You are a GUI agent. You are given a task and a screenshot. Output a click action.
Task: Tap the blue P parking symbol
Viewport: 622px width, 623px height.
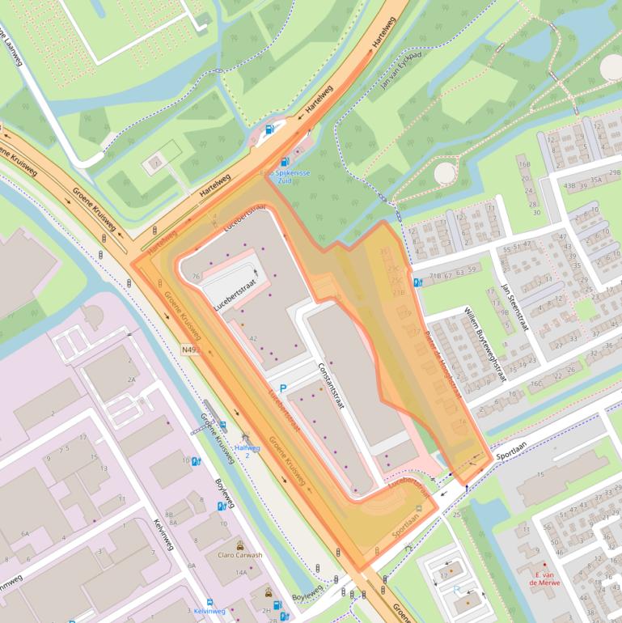[283, 389]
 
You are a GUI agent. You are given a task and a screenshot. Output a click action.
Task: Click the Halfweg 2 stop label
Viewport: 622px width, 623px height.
[247, 451]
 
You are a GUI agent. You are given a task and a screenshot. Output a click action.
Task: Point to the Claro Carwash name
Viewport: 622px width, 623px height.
[240, 555]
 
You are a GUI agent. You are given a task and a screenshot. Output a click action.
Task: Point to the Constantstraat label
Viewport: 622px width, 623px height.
[331, 384]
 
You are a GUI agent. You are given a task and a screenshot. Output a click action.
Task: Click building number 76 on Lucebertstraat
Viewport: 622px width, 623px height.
[196, 277]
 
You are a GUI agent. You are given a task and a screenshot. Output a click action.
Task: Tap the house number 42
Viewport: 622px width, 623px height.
[253, 337]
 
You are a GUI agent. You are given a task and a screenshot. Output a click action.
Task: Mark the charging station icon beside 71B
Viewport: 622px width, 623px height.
[417, 282]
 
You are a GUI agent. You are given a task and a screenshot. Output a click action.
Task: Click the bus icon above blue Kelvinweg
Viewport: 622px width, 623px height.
[209, 602]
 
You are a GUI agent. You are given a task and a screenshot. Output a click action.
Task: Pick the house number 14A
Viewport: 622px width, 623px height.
[241, 572]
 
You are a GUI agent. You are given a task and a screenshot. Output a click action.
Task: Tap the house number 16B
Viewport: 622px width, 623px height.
[524, 164]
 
